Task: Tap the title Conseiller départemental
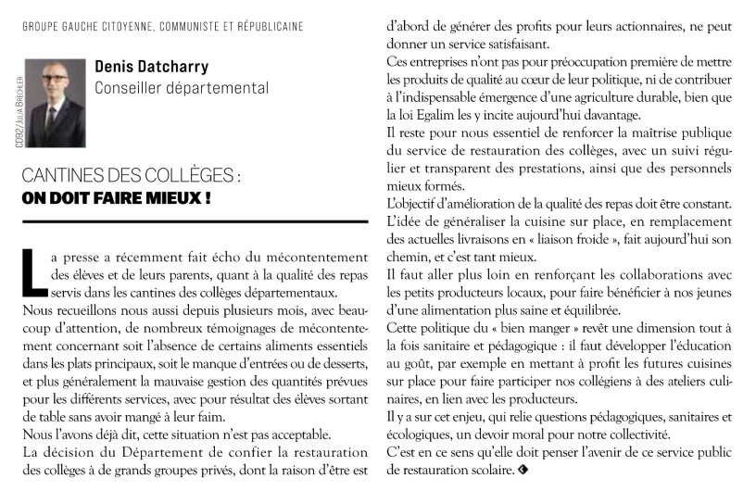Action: (182, 89)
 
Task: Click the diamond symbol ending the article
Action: (523, 472)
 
